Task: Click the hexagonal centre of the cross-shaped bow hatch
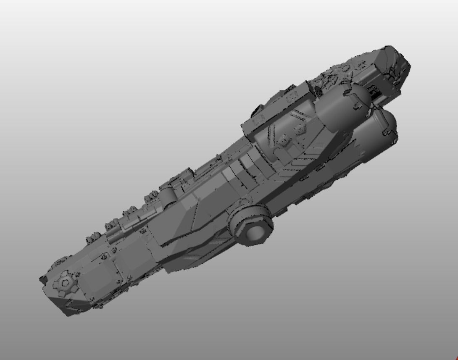tap(65, 284)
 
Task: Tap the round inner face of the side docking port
tap(255, 233)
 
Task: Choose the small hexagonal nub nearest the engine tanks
tap(300, 129)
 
